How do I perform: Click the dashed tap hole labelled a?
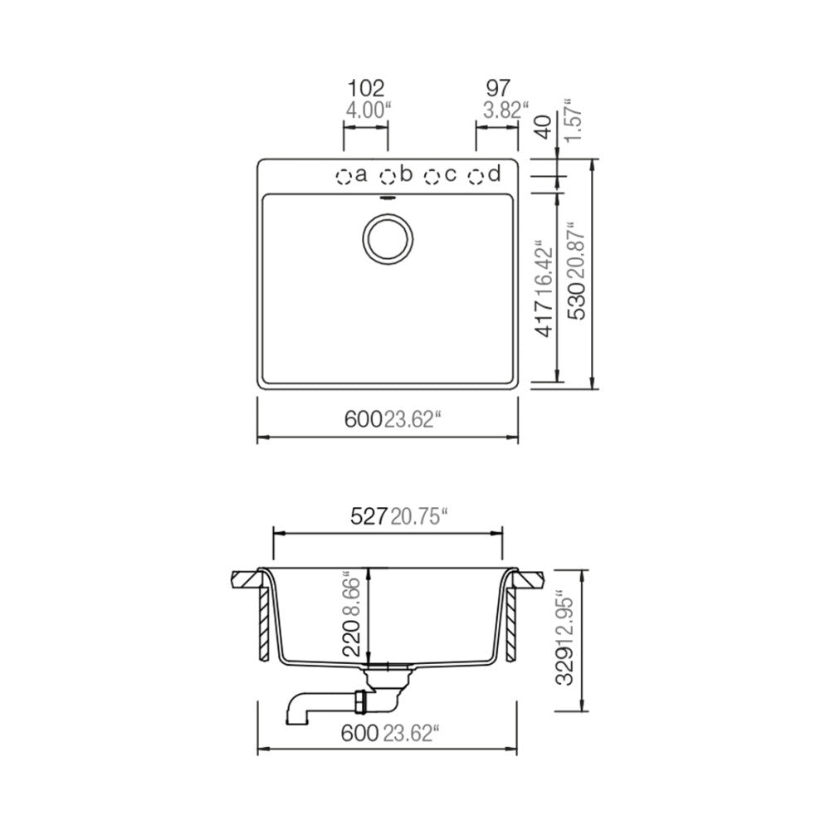[x=344, y=176]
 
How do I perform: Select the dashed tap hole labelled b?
[x=388, y=176]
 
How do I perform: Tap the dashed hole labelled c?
[x=432, y=176]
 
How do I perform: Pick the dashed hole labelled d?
[x=476, y=176]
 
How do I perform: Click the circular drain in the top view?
[x=388, y=239]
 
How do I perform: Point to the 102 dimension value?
[x=366, y=88]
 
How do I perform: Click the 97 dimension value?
[x=497, y=88]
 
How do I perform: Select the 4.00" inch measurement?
[x=368, y=110]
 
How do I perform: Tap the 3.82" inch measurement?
[x=506, y=110]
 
